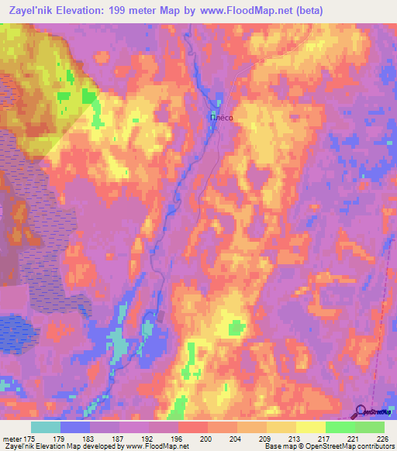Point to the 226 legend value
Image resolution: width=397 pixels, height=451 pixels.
click(x=380, y=440)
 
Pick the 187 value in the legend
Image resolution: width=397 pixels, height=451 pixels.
click(x=119, y=440)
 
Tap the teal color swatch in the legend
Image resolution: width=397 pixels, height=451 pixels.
click(x=46, y=427)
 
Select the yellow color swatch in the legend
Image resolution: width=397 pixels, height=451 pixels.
click(x=310, y=427)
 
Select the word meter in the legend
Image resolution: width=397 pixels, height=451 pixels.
click(x=13, y=440)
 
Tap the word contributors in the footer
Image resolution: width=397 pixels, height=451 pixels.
click(x=371, y=447)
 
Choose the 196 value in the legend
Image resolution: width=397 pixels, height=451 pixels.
click(x=178, y=440)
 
